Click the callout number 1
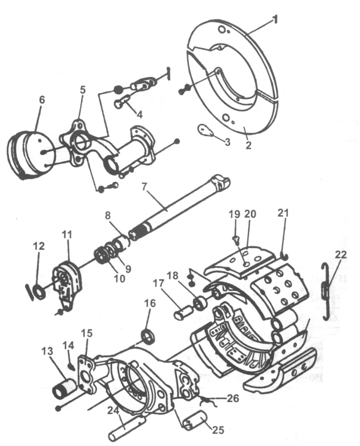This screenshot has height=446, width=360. tap(276, 21)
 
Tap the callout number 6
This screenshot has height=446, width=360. tap(42, 99)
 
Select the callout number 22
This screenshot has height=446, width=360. tap(340, 255)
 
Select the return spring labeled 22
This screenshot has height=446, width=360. tap(324, 286)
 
